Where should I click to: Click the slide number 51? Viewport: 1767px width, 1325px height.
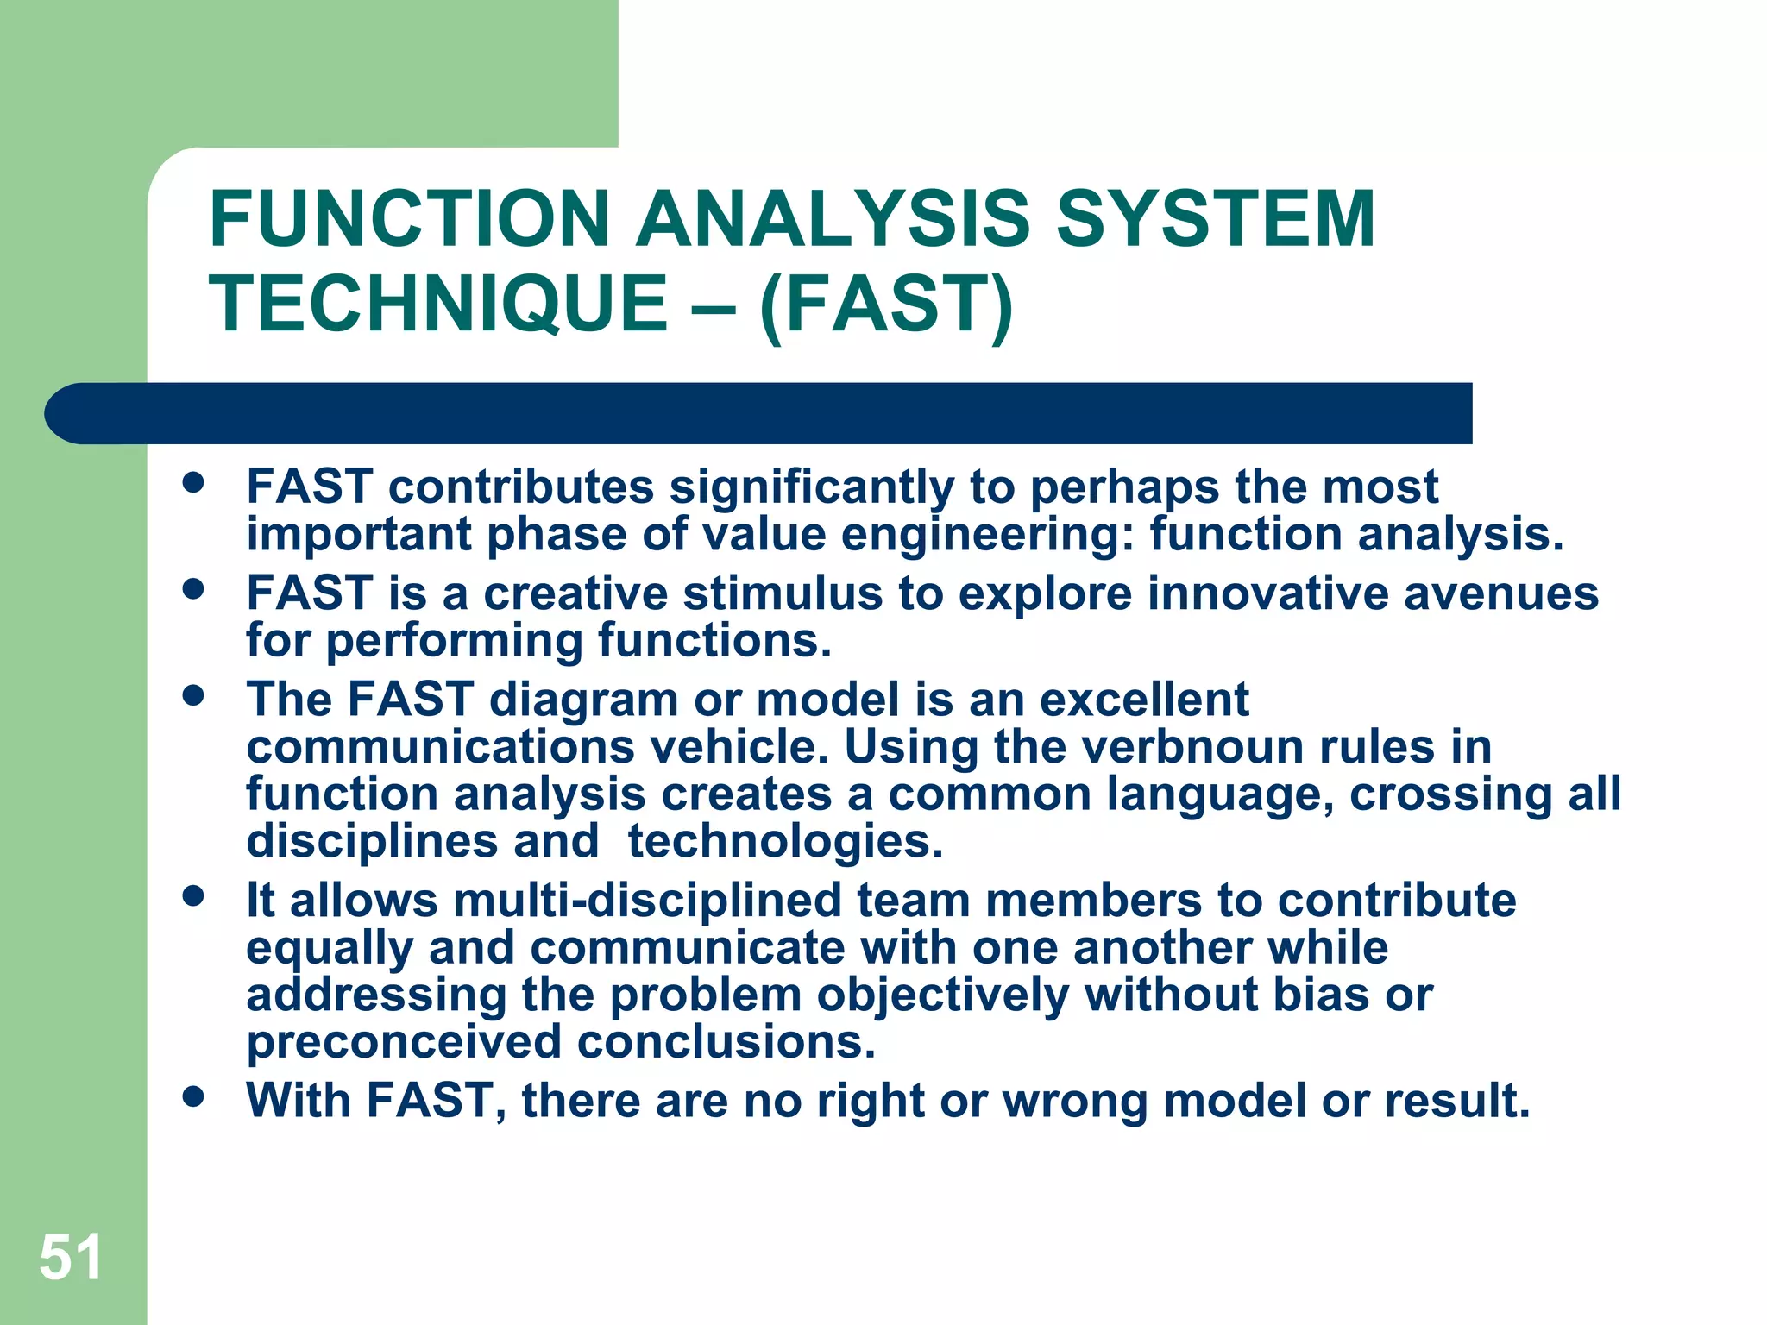coord(71,1257)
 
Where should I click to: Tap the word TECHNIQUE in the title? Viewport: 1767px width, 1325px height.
coord(438,304)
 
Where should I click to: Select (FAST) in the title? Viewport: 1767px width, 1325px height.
coord(886,304)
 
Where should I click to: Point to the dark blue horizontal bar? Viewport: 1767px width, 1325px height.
coord(759,413)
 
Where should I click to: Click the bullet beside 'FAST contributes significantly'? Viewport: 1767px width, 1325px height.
coord(194,482)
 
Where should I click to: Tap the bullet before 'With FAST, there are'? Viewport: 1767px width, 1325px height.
coord(194,1096)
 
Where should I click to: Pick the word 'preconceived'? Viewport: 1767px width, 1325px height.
coord(404,1042)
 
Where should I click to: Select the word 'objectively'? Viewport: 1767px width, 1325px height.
coord(943,995)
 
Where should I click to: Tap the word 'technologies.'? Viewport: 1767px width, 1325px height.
coord(785,842)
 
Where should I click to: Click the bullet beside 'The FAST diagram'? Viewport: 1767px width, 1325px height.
coord(194,695)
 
